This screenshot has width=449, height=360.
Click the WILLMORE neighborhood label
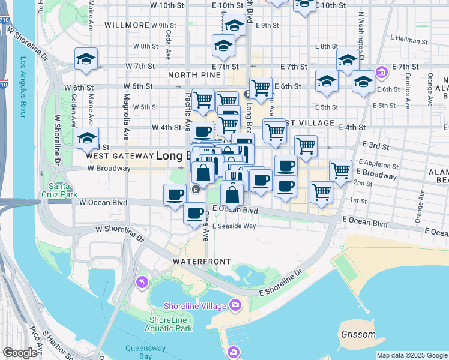coord(126,26)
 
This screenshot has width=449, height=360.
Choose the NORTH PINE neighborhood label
coord(191,75)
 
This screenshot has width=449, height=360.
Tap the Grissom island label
coord(358,334)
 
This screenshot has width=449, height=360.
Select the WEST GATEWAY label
coord(118,155)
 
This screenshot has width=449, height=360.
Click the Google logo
coord(21,353)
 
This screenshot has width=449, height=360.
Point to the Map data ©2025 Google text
coord(412,355)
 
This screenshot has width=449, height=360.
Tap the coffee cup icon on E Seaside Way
coord(194,213)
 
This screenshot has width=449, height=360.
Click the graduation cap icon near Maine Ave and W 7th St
coord(86,59)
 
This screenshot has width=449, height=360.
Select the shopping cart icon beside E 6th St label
coord(260,88)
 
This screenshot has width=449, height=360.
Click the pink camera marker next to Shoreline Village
coord(235,305)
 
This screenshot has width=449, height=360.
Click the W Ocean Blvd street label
coord(103,203)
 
